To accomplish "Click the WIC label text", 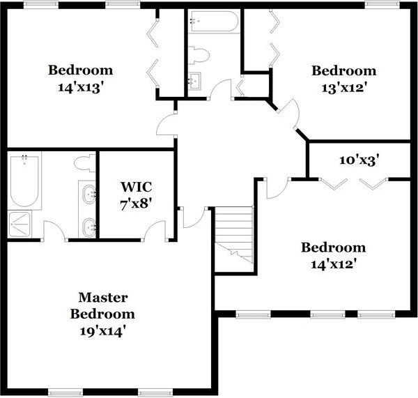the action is pyautogui.click(x=137, y=187).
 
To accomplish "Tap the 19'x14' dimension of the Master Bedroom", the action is pyautogui.click(x=102, y=331).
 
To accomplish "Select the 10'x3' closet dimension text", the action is pyautogui.click(x=359, y=160).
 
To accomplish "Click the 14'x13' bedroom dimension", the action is pyautogui.click(x=81, y=87).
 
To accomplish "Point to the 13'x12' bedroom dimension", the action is pyautogui.click(x=343, y=88).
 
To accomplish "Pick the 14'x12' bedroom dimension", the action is pyautogui.click(x=334, y=264).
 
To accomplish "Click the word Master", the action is pyautogui.click(x=103, y=298).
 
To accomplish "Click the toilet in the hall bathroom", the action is pyautogui.click(x=199, y=55).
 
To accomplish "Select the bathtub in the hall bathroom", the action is pyautogui.click(x=214, y=22).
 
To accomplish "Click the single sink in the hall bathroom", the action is pyautogui.click(x=195, y=79).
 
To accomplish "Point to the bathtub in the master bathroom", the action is pyautogui.click(x=24, y=181).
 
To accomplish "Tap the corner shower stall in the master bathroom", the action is pyautogui.click(x=20, y=224).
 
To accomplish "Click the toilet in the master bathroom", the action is pyautogui.click(x=85, y=163).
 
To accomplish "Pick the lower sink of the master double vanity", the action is pyautogui.click(x=89, y=227).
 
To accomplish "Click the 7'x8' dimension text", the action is pyautogui.click(x=137, y=205).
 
